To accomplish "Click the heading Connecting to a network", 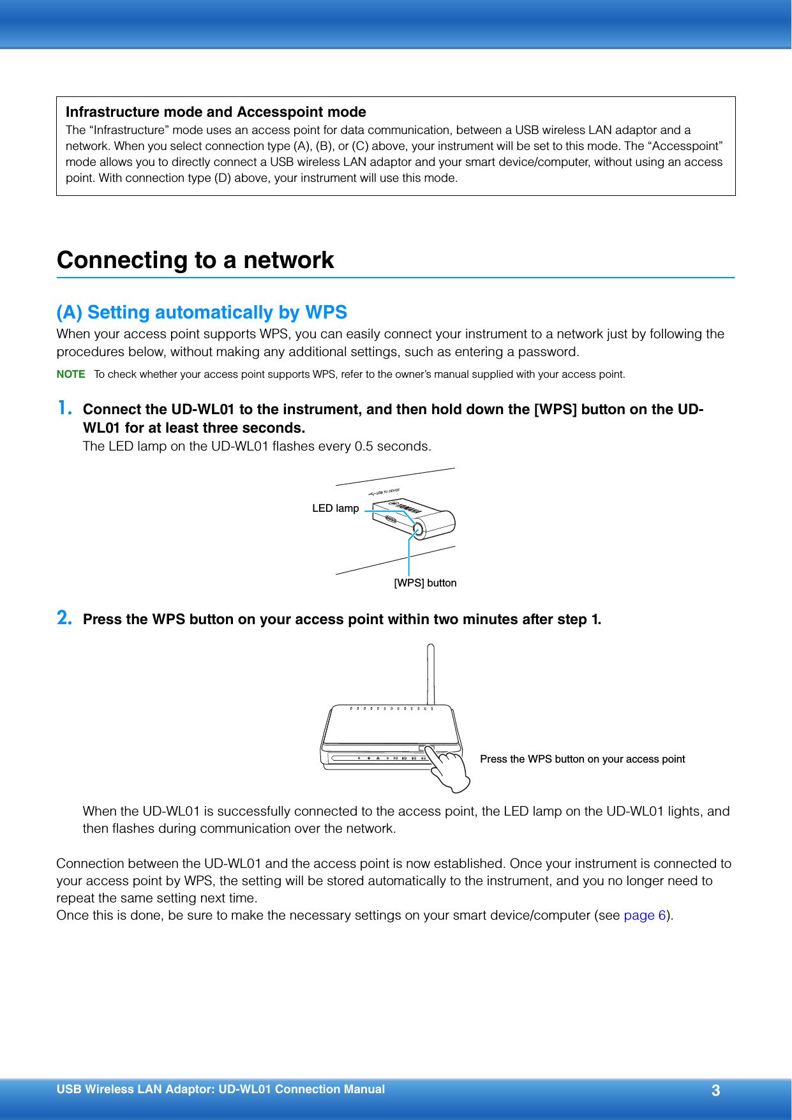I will [195, 260].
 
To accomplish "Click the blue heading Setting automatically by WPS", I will [202, 312].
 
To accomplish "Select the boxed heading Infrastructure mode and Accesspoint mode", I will [216, 112].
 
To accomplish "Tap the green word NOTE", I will [70, 374].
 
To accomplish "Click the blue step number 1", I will [64, 408].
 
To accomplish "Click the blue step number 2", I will [64, 618].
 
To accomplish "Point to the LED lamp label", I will [335, 509].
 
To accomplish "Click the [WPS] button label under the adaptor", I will [425, 583].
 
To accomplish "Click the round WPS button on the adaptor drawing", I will [417, 530].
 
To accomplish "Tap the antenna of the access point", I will [431, 673].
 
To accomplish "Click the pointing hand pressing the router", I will [451, 770].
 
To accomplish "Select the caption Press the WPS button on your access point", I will [582, 759].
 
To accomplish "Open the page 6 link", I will [644, 915].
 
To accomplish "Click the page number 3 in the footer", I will [715, 1090].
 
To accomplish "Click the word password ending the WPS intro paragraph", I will [547, 352].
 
